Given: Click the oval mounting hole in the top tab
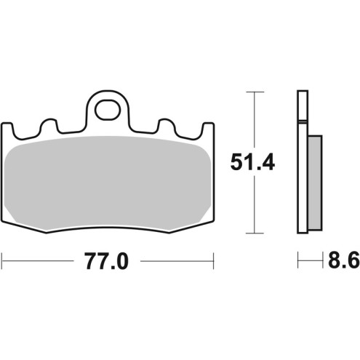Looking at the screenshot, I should click(x=108, y=111).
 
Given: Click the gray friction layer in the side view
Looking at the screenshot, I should click(x=314, y=182).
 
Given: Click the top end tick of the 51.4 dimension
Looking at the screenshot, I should click(x=252, y=92).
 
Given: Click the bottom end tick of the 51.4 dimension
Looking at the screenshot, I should click(x=252, y=234).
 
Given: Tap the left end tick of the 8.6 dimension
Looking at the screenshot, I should click(x=297, y=260).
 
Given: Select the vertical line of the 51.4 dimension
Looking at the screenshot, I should click(x=252, y=204).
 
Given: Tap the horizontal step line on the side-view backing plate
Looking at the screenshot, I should click(x=303, y=119).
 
